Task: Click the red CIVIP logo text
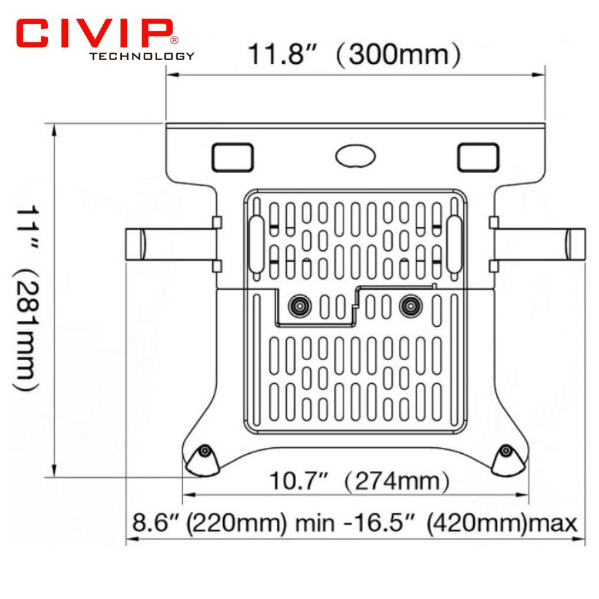click(x=94, y=33)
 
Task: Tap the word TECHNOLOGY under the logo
click(x=142, y=56)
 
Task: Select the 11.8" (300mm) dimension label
click(x=354, y=54)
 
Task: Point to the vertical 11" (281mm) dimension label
click(x=27, y=298)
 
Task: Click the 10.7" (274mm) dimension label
click(x=359, y=481)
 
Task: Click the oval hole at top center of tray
click(x=355, y=156)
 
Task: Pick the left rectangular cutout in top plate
click(x=233, y=157)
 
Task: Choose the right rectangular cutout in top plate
click(x=479, y=157)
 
